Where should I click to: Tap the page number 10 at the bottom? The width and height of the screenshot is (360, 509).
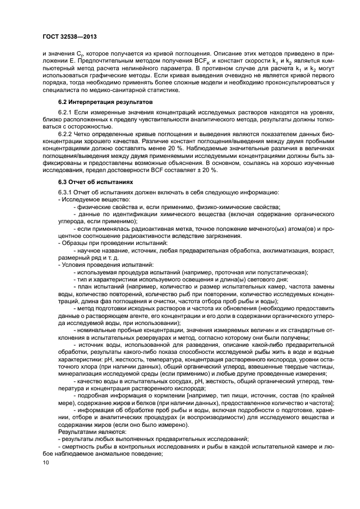[46, 462]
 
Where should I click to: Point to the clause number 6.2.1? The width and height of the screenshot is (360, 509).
[66, 112]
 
